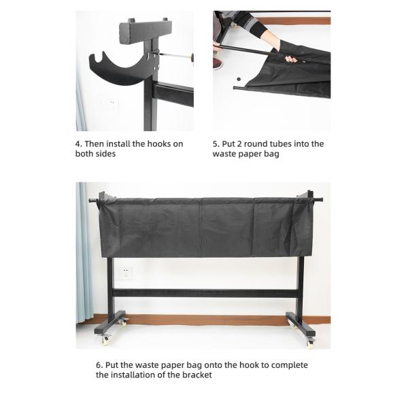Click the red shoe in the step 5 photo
click(x=218, y=63)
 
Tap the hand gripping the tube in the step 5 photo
click(x=290, y=58)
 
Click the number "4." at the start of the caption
click(x=79, y=143)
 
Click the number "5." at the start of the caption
click(x=216, y=143)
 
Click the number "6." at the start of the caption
click(x=99, y=364)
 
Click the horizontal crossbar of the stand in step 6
click(x=204, y=293)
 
